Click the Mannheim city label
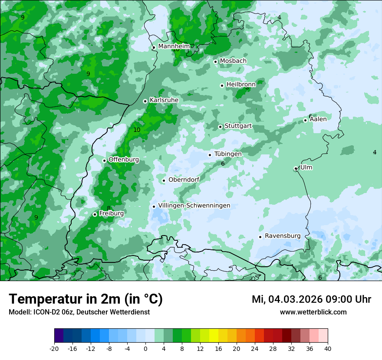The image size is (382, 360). pyautogui.click(x=174, y=46)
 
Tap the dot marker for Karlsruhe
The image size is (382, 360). pyautogui.click(x=145, y=101)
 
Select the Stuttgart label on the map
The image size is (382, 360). pyautogui.click(x=238, y=126)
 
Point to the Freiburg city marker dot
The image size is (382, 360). pyautogui.click(x=95, y=214)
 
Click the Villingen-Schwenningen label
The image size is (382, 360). pyautogui.click(x=194, y=206)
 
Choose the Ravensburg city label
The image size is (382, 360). pyautogui.click(x=283, y=236)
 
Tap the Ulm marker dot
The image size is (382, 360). pyautogui.click(x=296, y=168)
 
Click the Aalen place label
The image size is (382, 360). pyautogui.click(x=318, y=119)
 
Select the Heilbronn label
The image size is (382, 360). pyautogui.click(x=241, y=85)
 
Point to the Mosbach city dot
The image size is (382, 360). pyautogui.click(x=215, y=62)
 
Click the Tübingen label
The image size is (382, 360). pyautogui.click(x=228, y=154)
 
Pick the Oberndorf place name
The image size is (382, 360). pyautogui.click(x=184, y=180)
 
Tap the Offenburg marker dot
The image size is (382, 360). pyautogui.click(x=104, y=160)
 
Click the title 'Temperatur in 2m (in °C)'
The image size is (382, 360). pyautogui.click(x=86, y=299)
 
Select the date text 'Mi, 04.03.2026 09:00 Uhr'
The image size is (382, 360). pyautogui.click(x=311, y=299)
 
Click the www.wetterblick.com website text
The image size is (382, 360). pyautogui.click(x=313, y=312)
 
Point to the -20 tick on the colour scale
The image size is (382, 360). pyautogui.click(x=54, y=348)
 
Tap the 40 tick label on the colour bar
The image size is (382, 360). pyautogui.click(x=328, y=348)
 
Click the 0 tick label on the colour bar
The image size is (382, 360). pyautogui.click(x=145, y=348)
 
